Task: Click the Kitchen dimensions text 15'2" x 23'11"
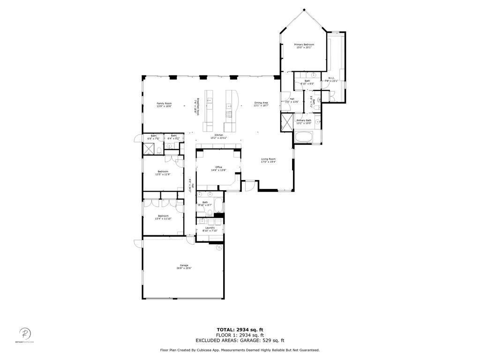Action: click(218, 138)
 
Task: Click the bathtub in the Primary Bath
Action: click(307, 137)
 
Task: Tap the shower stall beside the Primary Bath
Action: click(286, 123)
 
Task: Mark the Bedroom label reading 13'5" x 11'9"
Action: click(163, 173)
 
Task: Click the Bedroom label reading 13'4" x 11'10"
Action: click(163, 217)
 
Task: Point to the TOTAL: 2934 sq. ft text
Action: click(240, 330)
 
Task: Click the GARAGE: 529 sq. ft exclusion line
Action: click(240, 341)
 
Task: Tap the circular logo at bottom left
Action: click(25, 334)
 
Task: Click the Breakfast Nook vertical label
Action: click(197, 106)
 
